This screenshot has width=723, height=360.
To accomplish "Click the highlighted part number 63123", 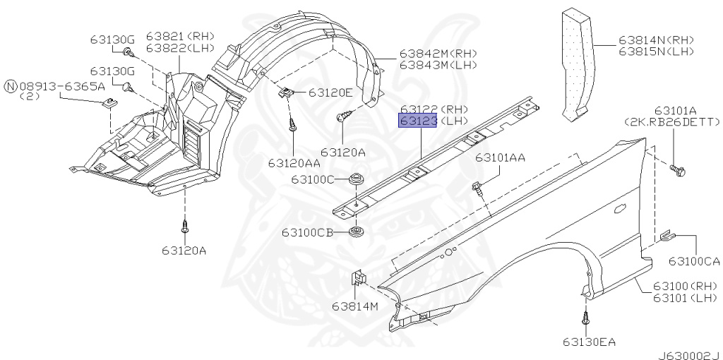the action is [418, 121].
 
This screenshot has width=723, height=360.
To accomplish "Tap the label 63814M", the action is [355, 306].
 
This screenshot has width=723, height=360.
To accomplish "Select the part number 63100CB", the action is [308, 232].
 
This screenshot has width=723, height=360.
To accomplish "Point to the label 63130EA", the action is [589, 342].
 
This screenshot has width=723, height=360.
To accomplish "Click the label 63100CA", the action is [695, 261].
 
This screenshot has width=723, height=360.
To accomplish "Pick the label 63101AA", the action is [501, 157].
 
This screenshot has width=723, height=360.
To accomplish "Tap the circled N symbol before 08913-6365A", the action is [11, 86].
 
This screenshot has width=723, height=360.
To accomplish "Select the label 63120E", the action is [330, 92].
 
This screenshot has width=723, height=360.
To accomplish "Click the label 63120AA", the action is [294, 163].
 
